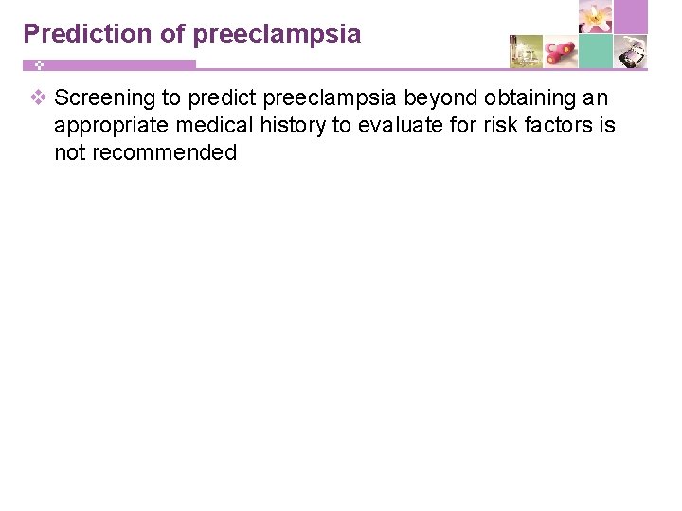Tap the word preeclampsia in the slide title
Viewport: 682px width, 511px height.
coord(277,35)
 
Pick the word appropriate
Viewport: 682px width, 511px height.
coord(109,126)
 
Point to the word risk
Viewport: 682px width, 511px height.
coord(498,126)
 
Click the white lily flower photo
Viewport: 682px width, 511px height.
coord(596,17)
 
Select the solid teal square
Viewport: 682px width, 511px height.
coord(596,52)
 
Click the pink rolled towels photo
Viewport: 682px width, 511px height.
coord(561,52)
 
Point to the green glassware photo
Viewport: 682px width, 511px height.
coord(526,52)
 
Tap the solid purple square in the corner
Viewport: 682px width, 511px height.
coord(631,17)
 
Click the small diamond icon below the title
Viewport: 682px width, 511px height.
coord(39,65)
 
